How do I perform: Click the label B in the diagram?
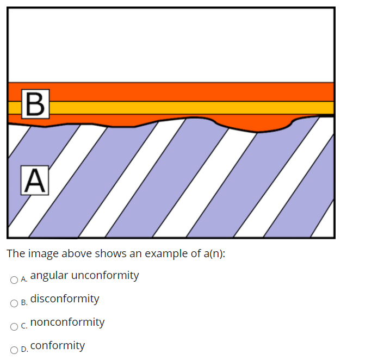point(34,103)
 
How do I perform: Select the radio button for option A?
point(14,280)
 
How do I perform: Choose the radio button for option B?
point(14,303)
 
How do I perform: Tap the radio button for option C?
point(14,327)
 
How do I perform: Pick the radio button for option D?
point(14,350)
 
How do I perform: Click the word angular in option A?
point(49,275)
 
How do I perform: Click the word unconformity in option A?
point(105,275)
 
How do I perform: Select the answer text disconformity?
point(65,299)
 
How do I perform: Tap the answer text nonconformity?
point(67,322)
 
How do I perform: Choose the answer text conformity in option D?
point(58,345)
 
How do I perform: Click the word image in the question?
point(40,253)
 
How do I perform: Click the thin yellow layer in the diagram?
point(190,108)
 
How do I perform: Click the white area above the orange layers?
point(171,44)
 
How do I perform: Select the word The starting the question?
point(15,253)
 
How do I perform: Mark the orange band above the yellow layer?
point(190,91)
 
